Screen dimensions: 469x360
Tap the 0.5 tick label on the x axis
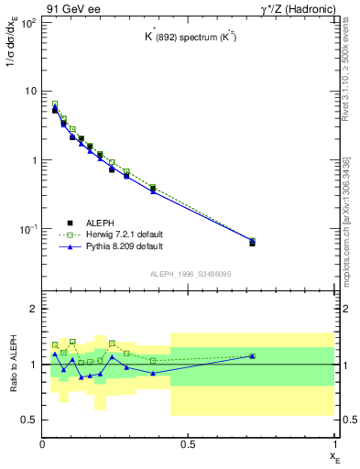(x=188, y=444)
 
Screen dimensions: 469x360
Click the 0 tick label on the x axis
(x=42, y=444)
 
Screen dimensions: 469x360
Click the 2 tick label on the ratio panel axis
(x=34, y=309)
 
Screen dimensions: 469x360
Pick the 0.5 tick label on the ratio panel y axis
(x=29, y=420)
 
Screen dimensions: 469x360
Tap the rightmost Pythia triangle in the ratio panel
(x=252, y=355)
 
